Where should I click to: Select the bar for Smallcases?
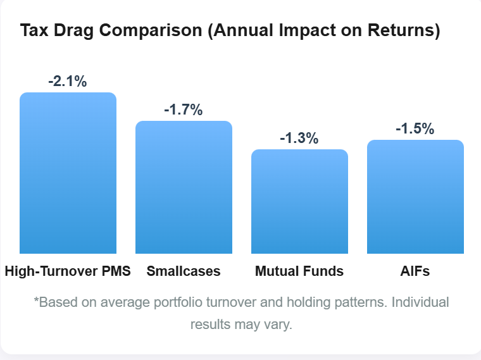(184, 187)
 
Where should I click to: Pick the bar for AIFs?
(415, 197)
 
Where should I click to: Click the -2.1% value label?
(67, 81)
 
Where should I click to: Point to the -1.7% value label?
(183, 109)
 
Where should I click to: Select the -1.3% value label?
(299, 138)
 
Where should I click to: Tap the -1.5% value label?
(415, 128)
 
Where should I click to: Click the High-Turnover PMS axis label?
(68, 271)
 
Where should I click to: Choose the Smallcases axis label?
(184, 271)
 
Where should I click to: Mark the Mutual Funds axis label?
(299, 271)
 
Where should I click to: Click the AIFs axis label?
(415, 271)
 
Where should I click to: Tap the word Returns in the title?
(403, 30)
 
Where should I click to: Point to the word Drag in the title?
(71, 30)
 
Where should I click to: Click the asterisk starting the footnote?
(36, 301)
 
